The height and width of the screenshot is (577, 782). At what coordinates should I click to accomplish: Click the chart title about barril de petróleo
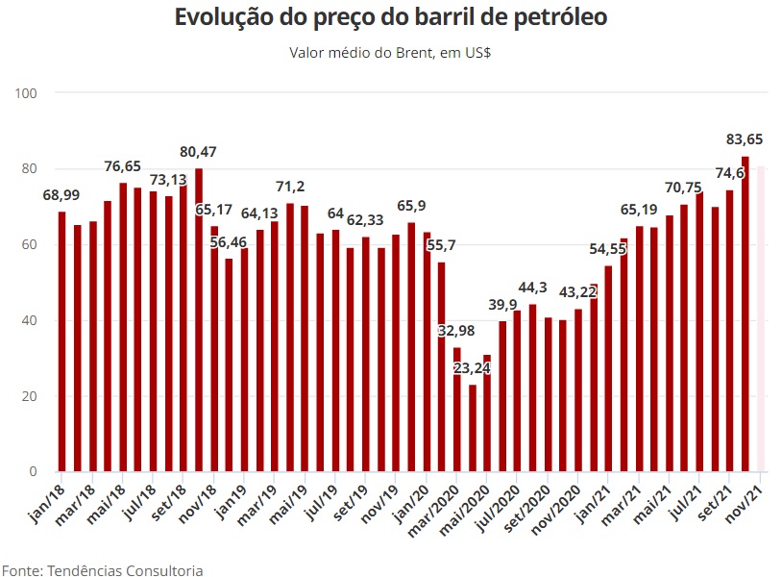point(391,18)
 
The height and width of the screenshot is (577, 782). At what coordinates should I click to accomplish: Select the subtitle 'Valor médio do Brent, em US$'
point(391,51)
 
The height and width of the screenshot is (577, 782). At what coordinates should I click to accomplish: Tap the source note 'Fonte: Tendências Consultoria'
point(102,570)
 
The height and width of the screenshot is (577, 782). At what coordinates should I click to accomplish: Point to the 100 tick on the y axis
point(26,93)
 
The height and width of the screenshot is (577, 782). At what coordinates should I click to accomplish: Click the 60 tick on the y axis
point(30,245)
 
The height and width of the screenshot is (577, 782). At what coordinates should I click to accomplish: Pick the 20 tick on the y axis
point(30,396)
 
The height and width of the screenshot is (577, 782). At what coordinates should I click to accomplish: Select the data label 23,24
point(473,368)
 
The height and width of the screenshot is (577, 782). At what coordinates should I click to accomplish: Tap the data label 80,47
point(199,152)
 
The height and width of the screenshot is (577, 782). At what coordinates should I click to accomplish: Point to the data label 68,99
point(61,195)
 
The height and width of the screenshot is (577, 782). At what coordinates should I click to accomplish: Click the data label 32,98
point(457,331)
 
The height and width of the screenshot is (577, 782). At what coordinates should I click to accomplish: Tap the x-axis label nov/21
point(747,499)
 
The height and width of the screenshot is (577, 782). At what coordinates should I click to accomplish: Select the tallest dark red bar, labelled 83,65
point(745,314)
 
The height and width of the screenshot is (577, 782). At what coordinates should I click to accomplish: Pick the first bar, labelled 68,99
point(62,341)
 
